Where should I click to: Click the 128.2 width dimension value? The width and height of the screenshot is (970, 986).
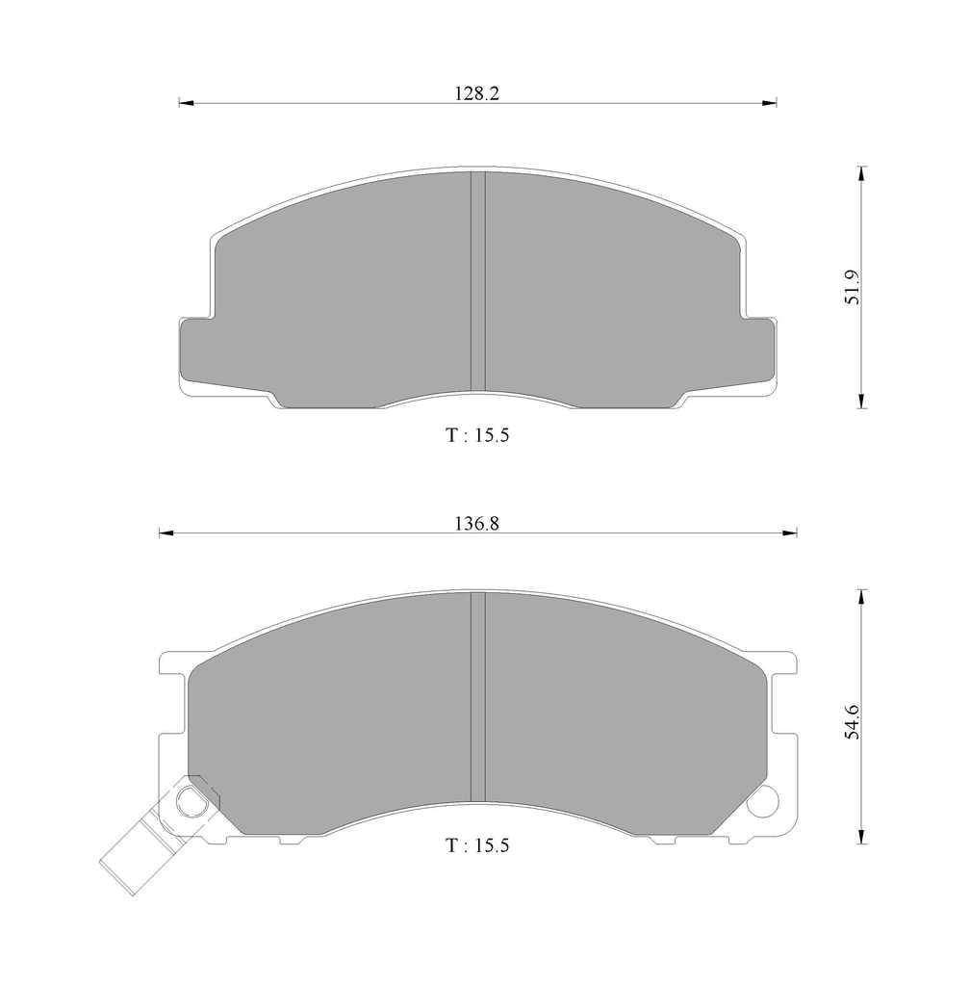[477, 93]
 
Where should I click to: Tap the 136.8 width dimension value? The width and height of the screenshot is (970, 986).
[477, 523]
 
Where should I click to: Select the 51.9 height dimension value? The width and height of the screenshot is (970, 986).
[853, 287]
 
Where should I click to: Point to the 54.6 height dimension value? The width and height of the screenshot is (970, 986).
[853, 721]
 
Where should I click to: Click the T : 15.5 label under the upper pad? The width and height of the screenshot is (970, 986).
[477, 435]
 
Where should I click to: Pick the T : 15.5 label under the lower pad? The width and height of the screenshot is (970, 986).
[477, 845]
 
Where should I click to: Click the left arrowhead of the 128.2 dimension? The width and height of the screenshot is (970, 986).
[187, 102]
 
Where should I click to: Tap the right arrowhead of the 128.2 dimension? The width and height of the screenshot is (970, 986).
[770, 102]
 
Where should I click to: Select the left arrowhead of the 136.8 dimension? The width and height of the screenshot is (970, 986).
[166, 533]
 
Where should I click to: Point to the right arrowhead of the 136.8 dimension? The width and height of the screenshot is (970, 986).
[790, 533]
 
